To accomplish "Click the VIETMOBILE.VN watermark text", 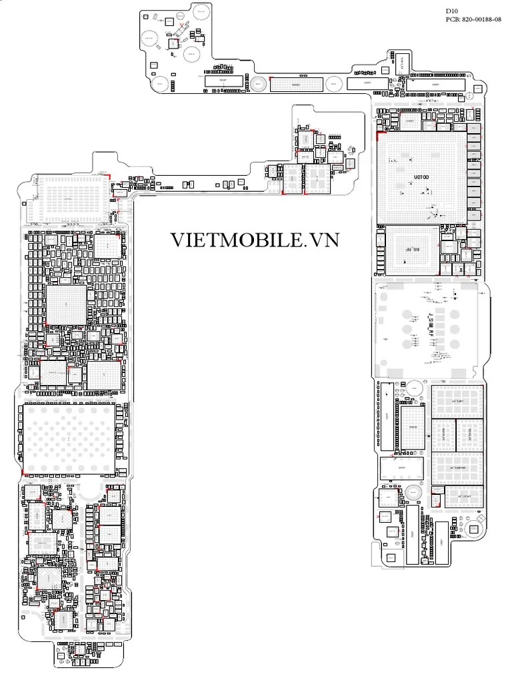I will point(254,240).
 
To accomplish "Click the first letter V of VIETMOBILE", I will point(178,240).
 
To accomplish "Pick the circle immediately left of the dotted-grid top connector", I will point(258,83).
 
